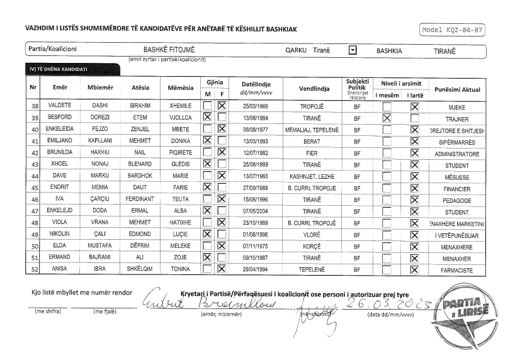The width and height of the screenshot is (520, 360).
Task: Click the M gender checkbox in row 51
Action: click(206, 258)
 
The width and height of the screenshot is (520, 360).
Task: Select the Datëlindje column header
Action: click(256, 87)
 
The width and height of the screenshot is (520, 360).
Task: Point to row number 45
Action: click(35, 188)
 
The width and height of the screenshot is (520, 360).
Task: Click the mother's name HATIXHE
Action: click(179, 223)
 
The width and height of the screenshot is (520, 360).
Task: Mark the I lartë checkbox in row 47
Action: click(414, 211)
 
